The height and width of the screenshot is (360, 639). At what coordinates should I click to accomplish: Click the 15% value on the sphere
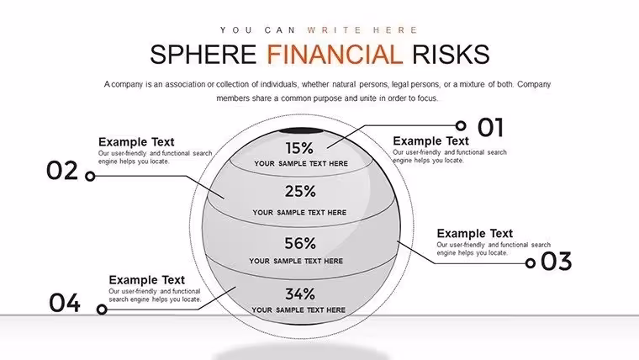click(299, 148)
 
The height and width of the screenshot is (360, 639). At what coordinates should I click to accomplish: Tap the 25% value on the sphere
click(300, 191)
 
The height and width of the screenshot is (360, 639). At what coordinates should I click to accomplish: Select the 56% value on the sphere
click(300, 243)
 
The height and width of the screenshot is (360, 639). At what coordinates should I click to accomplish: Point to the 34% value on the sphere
click(300, 294)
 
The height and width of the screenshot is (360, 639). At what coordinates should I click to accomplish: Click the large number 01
click(491, 127)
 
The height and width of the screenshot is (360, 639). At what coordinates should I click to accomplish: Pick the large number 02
click(62, 171)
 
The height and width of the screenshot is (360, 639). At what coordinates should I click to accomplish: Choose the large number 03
click(557, 262)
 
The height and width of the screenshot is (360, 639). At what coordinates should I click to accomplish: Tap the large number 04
click(65, 303)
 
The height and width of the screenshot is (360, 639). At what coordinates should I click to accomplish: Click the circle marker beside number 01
click(461, 125)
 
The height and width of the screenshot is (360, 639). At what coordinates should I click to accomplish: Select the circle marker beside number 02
click(90, 176)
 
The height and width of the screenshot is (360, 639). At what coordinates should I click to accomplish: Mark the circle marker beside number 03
click(531, 263)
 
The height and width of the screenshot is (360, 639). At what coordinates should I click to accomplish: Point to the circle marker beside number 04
click(102, 310)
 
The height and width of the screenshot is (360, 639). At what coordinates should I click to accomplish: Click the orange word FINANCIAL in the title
click(335, 55)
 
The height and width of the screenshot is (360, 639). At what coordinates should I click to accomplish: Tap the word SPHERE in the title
click(203, 55)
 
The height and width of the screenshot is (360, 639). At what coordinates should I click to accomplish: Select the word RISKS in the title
click(451, 55)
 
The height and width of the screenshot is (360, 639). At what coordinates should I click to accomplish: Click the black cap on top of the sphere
click(300, 131)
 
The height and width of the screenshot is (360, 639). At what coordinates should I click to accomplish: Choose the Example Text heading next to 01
click(430, 141)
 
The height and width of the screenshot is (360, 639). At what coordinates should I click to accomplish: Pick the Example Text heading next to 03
click(475, 234)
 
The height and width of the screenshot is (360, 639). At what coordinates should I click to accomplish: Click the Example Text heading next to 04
click(146, 280)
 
